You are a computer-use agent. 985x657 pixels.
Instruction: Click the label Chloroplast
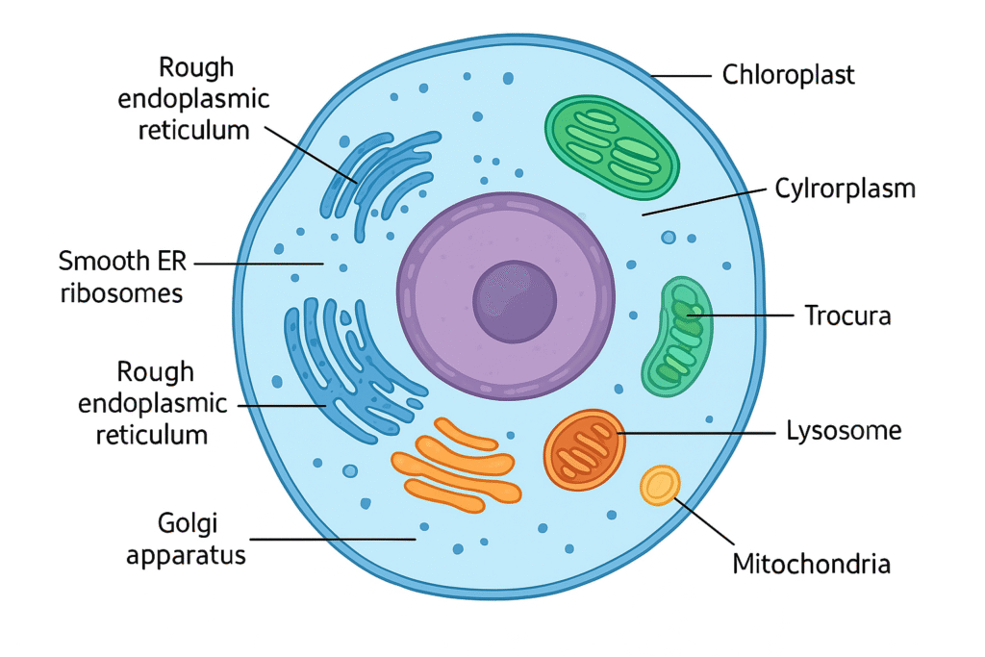click(x=788, y=74)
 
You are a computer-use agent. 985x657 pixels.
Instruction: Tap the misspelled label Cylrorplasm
click(x=845, y=189)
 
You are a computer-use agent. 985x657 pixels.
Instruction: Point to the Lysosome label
click(x=844, y=430)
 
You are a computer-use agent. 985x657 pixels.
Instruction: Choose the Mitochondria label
click(x=811, y=563)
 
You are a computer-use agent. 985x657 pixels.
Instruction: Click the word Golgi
click(x=187, y=523)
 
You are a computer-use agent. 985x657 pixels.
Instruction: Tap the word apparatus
click(x=187, y=555)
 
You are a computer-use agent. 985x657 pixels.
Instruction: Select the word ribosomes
click(x=121, y=292)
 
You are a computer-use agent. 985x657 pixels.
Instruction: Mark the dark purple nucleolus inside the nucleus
click(x=515, y=300)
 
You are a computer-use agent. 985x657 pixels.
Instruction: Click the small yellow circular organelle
click(x=660, y=485)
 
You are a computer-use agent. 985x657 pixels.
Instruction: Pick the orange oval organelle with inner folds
click(x=585, y=450)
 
